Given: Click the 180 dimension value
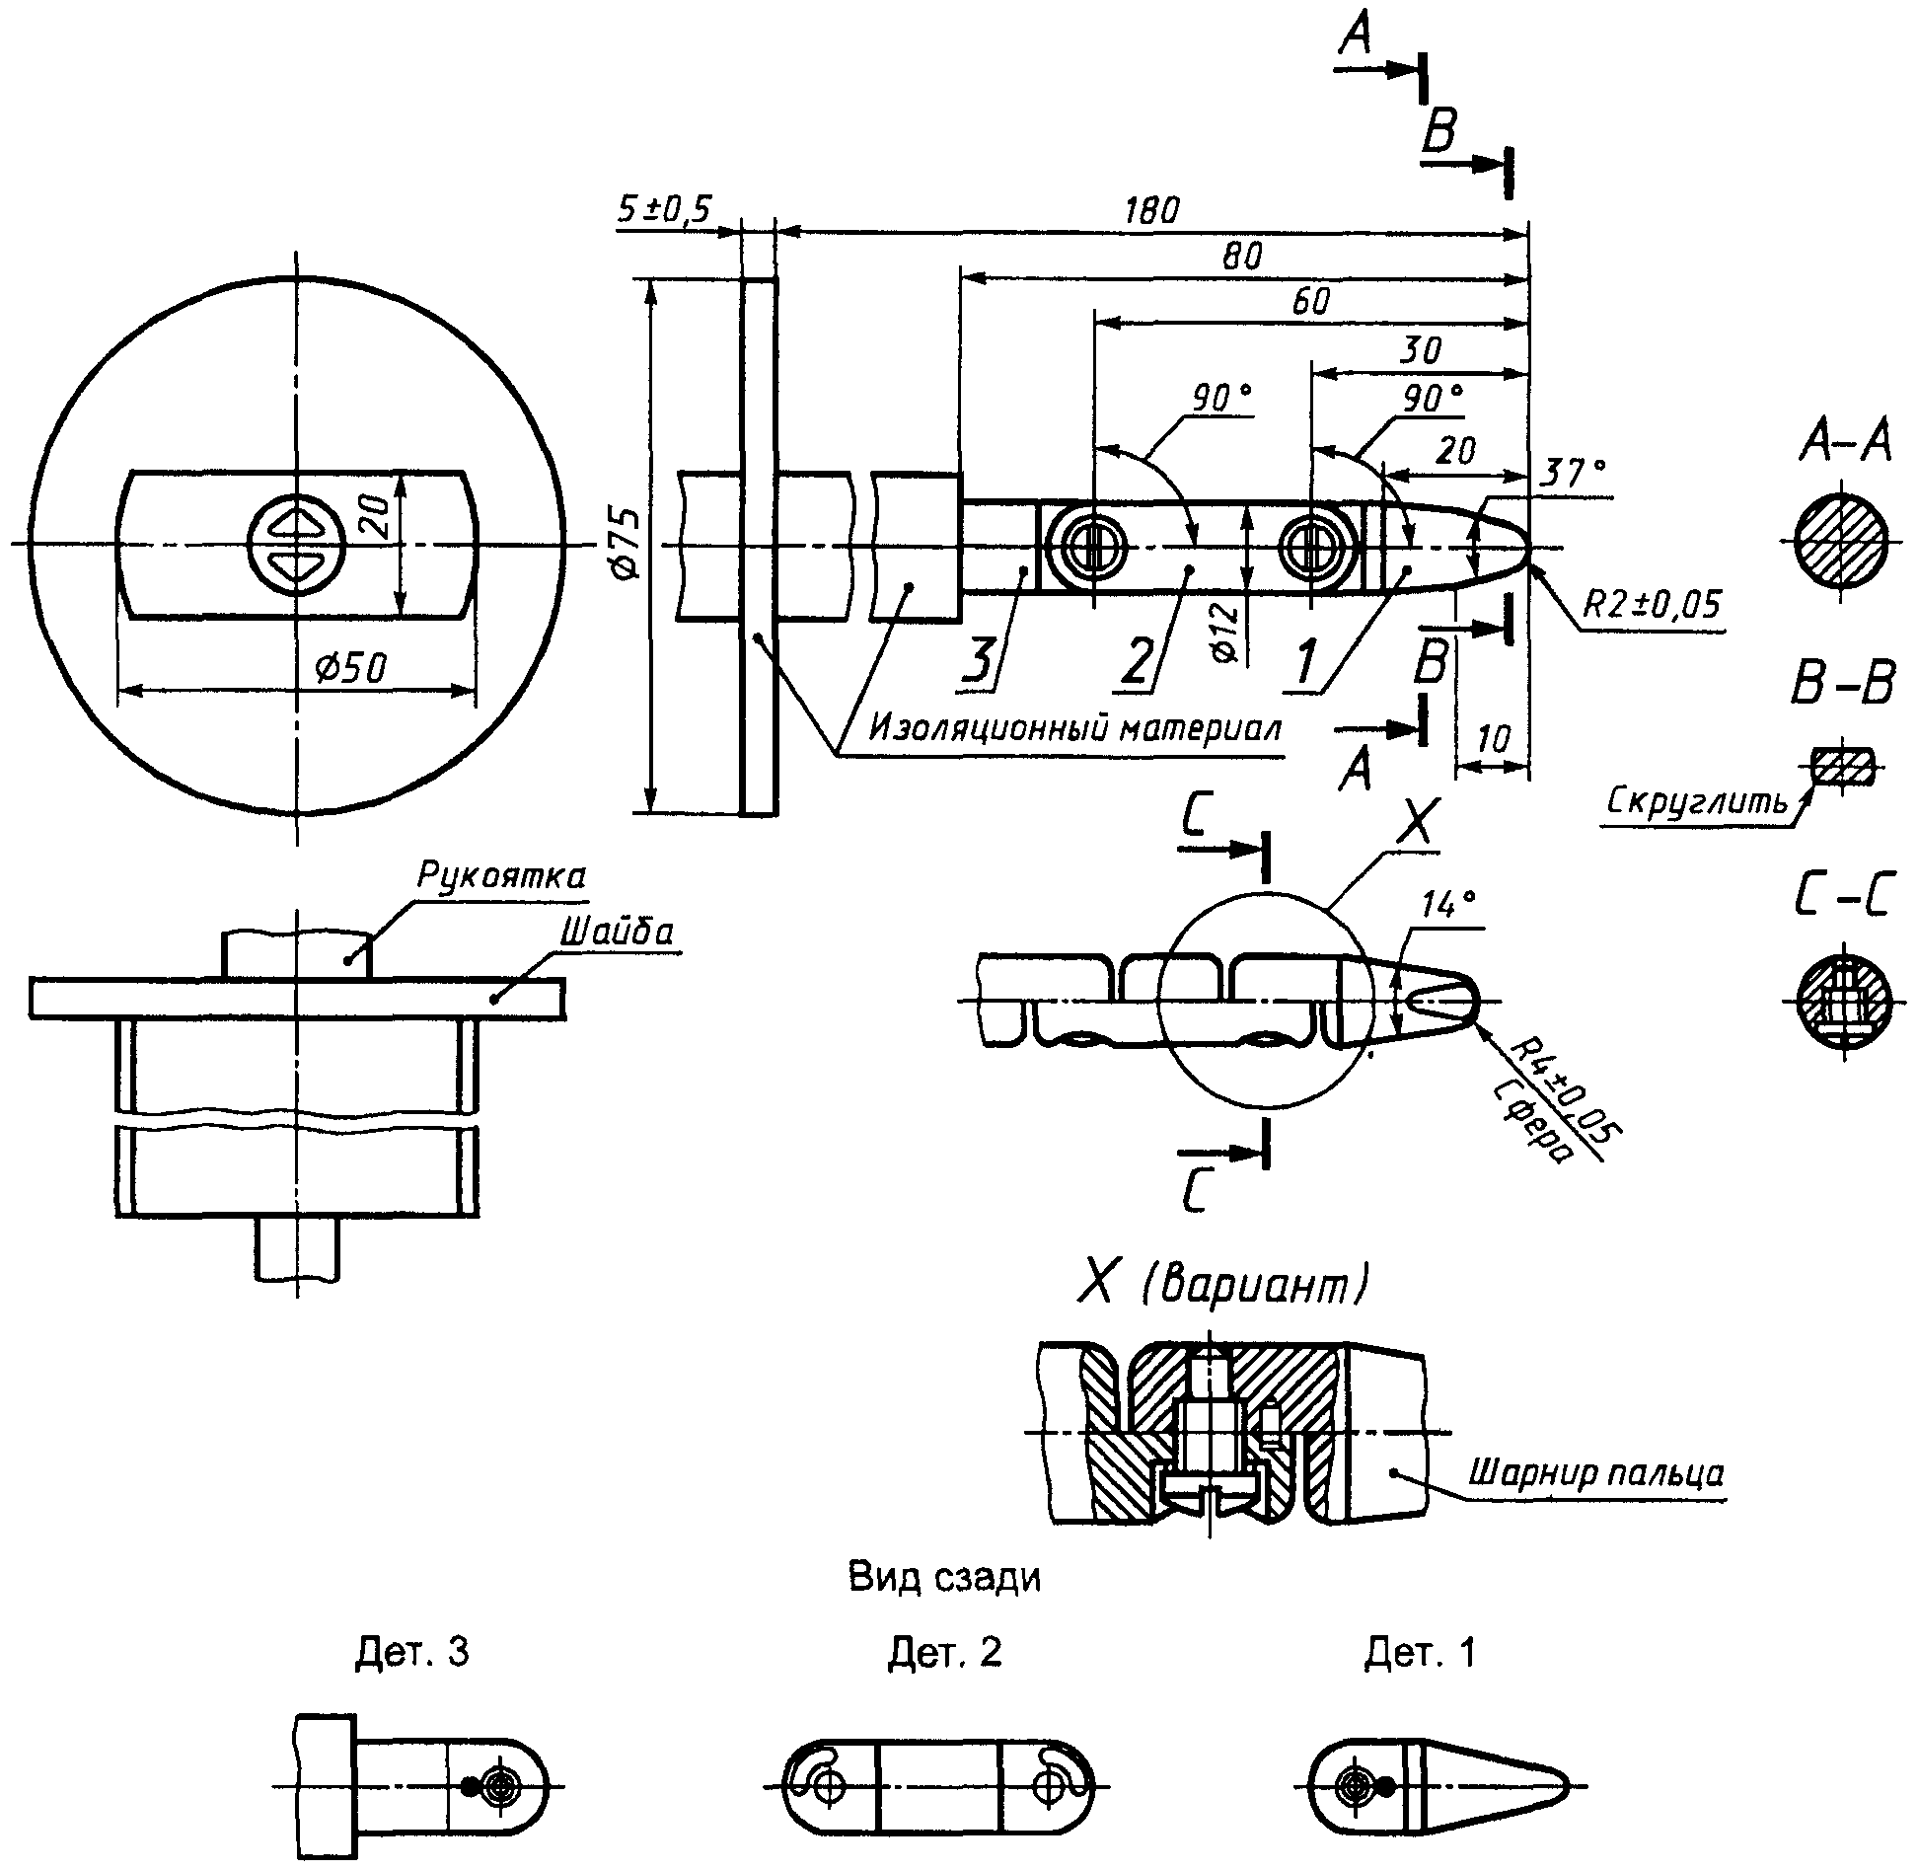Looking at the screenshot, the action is point(1150,210).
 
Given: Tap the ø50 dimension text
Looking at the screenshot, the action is point(351,668).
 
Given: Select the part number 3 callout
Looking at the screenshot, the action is point(978,660).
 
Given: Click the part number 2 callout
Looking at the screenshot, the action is point(1136,660).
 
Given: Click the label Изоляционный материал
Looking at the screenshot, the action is point(1075,728).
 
